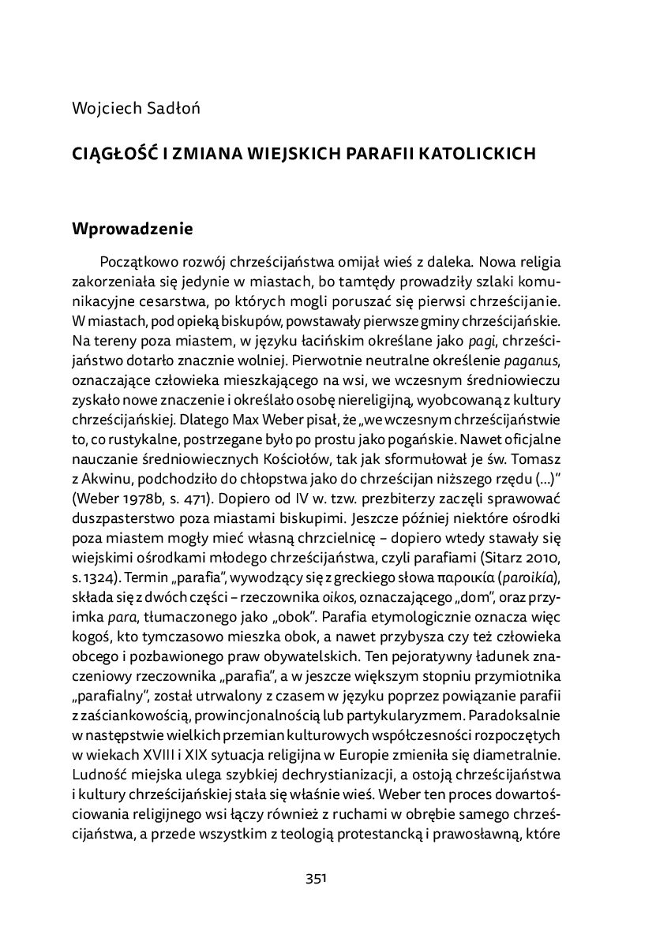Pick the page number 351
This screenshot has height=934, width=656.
[x=316, y=879]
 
